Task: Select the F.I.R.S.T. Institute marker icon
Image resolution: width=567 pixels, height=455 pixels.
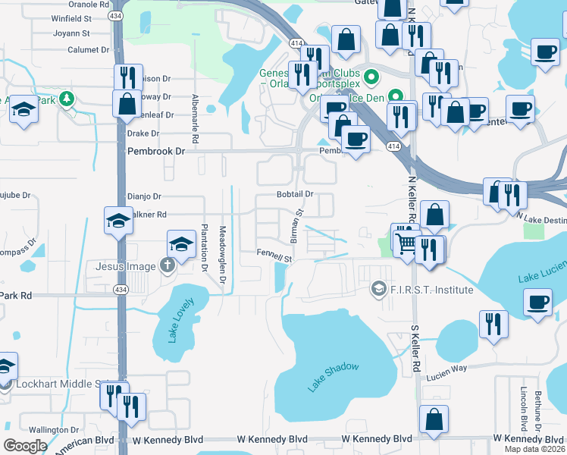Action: (378, 290)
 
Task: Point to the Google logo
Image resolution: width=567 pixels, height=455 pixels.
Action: (25, 446)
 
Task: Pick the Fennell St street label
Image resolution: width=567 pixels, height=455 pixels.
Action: (274, 258)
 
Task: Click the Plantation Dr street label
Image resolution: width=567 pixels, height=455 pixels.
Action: (205, 248)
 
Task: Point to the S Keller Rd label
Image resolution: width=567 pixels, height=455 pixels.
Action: (415, 350)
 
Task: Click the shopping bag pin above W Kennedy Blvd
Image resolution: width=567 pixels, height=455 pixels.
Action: (434, 419)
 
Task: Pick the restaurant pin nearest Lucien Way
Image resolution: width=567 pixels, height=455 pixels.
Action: (493, 324)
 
